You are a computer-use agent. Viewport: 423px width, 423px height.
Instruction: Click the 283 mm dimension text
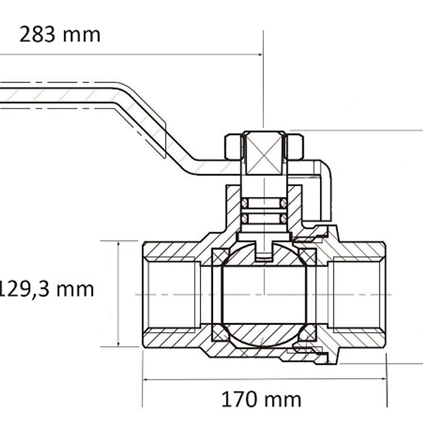tap(60, 35)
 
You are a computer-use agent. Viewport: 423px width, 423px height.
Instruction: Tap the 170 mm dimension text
tap(261, 400)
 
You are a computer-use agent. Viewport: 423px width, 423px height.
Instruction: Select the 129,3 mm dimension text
tap(46, 289)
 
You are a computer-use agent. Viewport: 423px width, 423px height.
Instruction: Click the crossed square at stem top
tap(264, 153)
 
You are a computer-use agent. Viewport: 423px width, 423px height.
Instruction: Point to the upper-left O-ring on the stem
tap(245, 203)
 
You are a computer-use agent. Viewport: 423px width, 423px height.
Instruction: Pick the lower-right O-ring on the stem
tap(283, 219)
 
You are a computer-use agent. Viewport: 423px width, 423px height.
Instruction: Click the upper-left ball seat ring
tap(220, 257)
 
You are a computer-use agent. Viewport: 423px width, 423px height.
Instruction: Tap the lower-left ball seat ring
tap(220, 333)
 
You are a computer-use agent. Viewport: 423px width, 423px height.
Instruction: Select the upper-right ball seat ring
tap(308, 257)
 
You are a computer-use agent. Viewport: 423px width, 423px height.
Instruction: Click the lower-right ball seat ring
tap(308, 333)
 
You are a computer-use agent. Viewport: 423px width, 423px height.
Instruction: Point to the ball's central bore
tap(264, 294)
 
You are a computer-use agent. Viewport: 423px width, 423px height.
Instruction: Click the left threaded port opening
tap(171, 294)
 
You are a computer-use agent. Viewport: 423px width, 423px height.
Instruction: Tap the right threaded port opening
tap(357, 294)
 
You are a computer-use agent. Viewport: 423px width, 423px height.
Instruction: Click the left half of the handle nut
tap(234, 147)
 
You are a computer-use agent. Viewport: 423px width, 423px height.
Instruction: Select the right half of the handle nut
tap(294, 147)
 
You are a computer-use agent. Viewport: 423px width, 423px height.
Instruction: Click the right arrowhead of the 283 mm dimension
tap(260, 55)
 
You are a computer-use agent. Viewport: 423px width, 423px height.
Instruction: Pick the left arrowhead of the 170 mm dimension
tap(146, 380)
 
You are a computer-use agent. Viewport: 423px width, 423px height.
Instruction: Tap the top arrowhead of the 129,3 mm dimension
tap(118, 244)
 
